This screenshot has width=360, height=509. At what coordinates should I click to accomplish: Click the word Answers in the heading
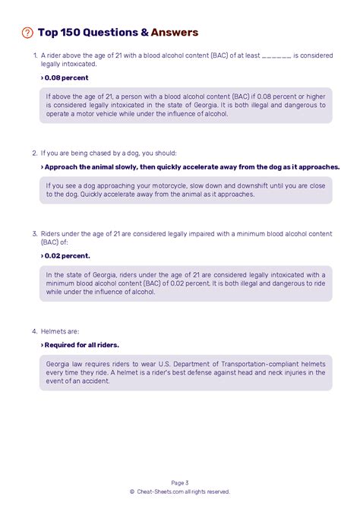tap(175, 33)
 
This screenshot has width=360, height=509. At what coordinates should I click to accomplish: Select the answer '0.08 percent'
tap(67, 77)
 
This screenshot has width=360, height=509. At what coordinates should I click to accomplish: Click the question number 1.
tap(35, 55)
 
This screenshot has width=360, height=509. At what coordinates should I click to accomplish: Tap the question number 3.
tap(35, 233)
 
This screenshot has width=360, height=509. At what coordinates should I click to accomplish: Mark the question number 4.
tap(35, 331)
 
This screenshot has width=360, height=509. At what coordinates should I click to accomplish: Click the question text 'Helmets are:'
tap(60, 331)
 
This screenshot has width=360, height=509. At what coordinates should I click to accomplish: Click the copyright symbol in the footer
tap(132, 492)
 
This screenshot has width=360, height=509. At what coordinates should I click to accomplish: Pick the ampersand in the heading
tap(144, 33)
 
